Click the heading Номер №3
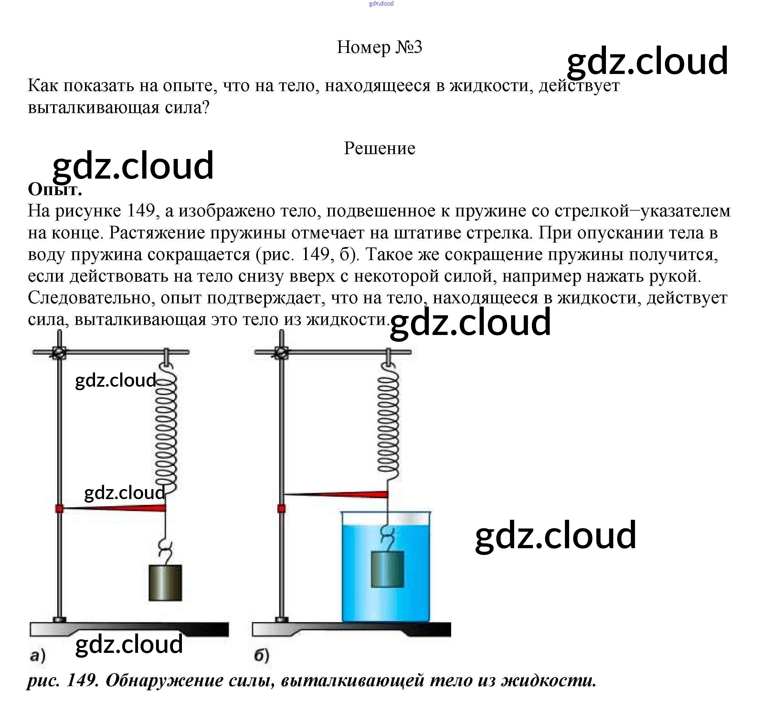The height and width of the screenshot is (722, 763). (379, 47)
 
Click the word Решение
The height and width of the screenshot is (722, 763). (379, 148)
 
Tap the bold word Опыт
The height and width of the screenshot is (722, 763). (55, 189)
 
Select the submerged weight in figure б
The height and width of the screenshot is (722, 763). (387, 569)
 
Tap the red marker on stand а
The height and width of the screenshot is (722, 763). (59, 509)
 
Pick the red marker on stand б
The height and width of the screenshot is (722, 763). (281, 509)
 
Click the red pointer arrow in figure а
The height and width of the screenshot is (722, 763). (115, 508)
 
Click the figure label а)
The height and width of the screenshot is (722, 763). (38, 655)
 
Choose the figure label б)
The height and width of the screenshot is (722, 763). (262, 655)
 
